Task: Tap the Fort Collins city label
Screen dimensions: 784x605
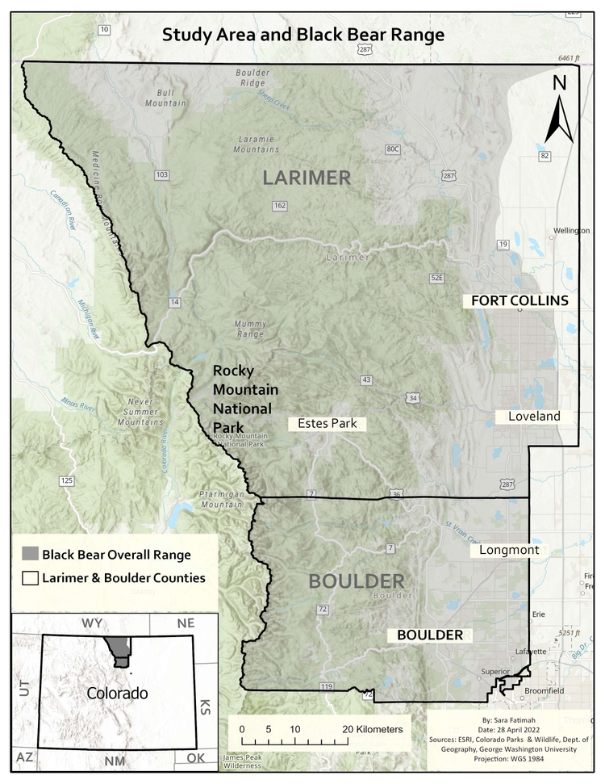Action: coord(520,300)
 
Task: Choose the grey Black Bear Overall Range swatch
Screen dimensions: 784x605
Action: coord(29,555)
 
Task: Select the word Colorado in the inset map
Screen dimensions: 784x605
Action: coord(117,694)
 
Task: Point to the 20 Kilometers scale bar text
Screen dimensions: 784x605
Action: coord(372,729)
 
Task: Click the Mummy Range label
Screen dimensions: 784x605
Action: coord(249,329)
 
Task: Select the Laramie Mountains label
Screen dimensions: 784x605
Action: coord(257,144)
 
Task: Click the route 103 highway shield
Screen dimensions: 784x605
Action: coord(162,174)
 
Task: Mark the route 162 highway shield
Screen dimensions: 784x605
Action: coord(280,206)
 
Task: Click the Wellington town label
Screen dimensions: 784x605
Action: coord(571,231)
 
